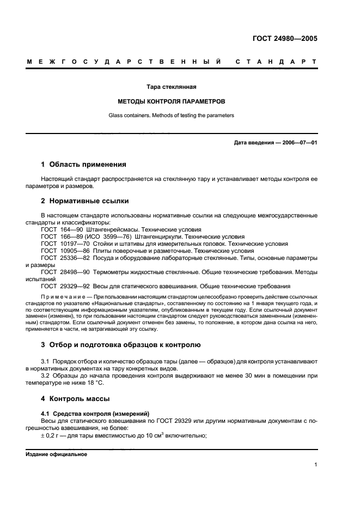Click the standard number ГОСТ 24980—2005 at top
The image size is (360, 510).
click(x=285, y=39)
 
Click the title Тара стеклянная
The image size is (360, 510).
click(x=172, y=87)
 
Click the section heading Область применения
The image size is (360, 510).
click(x=88, y=164)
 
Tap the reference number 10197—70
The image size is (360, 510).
click(x=76, y=244)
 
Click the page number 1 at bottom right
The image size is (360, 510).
click(x=315, y=465)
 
